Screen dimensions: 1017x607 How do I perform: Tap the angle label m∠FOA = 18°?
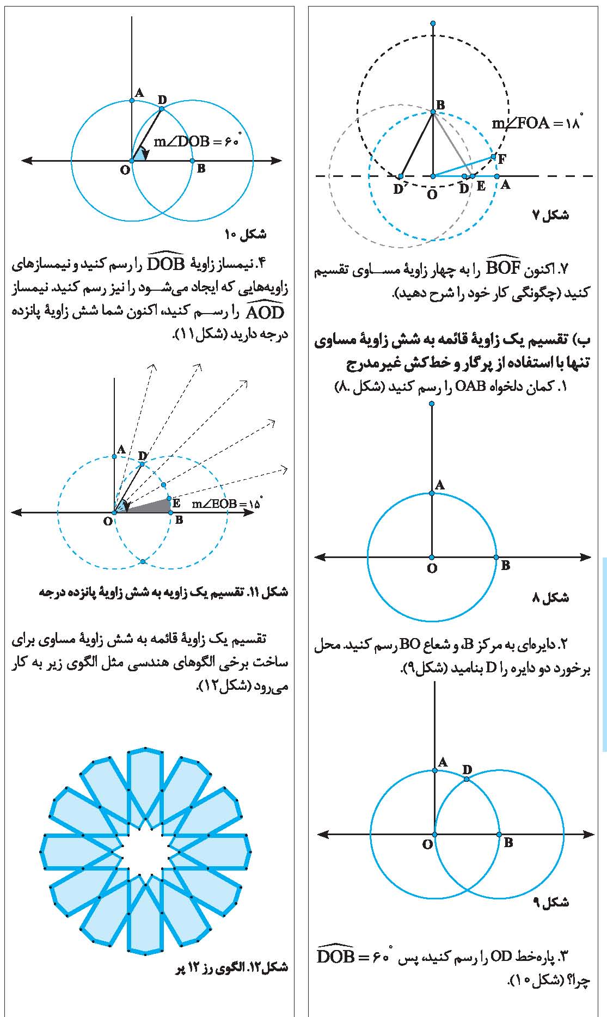pyautogui.click(x=536, y=123)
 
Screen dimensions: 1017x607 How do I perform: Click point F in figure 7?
pyautogui.click(x=493, y=157)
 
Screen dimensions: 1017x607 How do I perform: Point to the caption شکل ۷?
pyautogui.click(x=550, y=216)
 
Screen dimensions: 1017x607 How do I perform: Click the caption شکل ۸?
pyautogui.click(x=550, y=598)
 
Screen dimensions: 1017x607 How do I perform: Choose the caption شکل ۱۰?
pyautogui.click(x=246, y=235)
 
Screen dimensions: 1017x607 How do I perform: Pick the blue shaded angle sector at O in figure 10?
pyautogui.click(x=138, y=156)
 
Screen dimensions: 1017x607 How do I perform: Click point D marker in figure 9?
pyautogui.click(x=467, y=779)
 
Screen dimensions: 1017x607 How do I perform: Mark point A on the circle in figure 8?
pyautogui.click(x=432, y=493)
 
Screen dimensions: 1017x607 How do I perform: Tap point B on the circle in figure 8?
pyautogui.click(x=496, y=557)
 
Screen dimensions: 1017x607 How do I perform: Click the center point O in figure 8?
pyautogui.click(x=432, y=557)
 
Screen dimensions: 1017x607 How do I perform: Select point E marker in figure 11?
pyautogui.click(x=169, y=498)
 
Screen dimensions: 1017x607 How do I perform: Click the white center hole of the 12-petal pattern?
pyautogui.click(x=145, y=850)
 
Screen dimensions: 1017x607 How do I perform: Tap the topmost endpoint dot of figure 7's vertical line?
pyautogui.click(x=432, y=23)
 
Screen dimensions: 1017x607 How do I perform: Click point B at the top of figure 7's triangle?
pyautogui.click(x=433, y=112)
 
